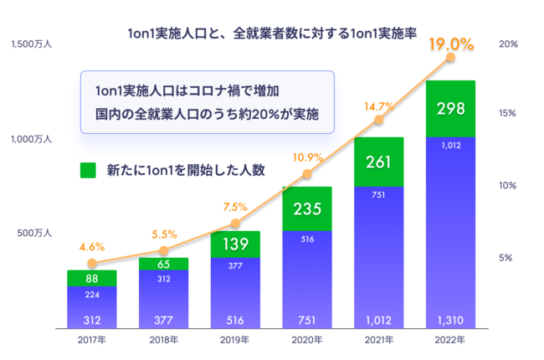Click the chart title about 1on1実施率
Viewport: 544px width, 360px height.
coord(272,34)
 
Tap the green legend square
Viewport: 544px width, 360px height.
coord(88,170)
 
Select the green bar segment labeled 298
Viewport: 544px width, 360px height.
coord(450,108)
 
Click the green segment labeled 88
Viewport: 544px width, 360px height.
coord(92,278)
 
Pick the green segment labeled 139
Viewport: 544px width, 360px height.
coord(235,244)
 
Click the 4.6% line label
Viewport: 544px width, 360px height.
coord(92,247)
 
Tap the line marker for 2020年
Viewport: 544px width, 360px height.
coord(307,174)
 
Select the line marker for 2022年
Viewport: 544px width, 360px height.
coord(451,58)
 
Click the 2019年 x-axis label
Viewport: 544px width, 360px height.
coord(235,340)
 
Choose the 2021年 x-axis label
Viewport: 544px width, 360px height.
coord(378,340)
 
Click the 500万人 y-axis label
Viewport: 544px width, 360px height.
coord(35,234)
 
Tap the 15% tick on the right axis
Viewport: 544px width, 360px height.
coord(506,113)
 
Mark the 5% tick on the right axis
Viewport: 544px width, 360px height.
coord(506,258)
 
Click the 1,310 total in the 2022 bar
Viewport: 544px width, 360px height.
coord(450,319)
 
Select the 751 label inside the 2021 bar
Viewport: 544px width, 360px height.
coord(378,194)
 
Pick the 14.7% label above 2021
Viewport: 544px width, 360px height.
coord(378,106)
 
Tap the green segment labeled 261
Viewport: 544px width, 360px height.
coord(378,161)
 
